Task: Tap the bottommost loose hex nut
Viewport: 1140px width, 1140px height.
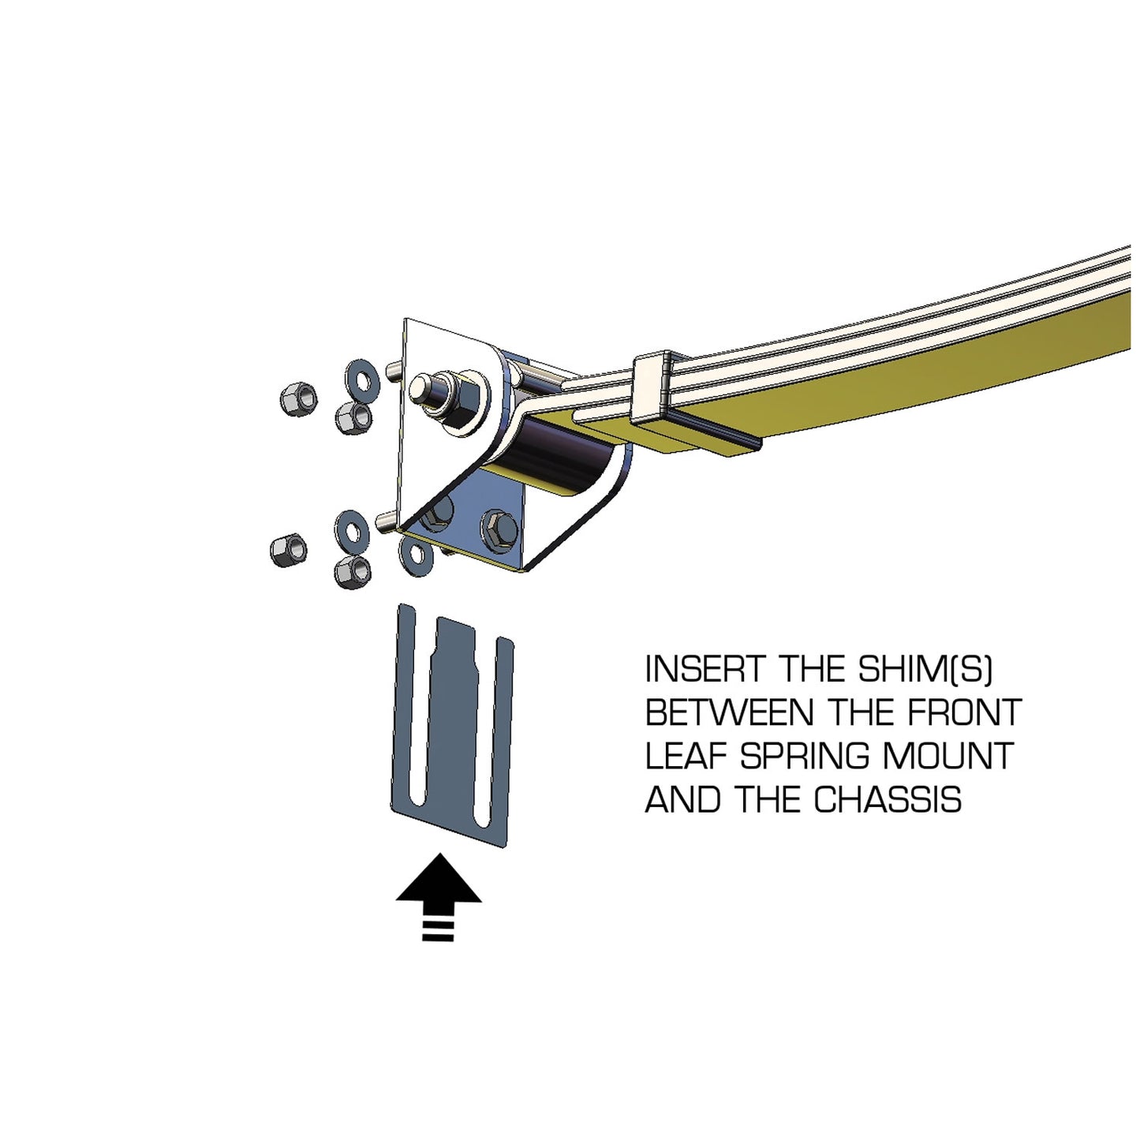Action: [352, 570]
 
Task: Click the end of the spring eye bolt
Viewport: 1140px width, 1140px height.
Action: [424, 389]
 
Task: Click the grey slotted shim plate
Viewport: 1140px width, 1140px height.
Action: [454, 726]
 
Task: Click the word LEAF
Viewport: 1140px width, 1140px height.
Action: [686, 757]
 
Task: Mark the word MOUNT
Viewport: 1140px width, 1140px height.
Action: [947, 757]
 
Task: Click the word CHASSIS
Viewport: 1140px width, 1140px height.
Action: [888, 800]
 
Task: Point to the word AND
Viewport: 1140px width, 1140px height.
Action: [683, 800]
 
